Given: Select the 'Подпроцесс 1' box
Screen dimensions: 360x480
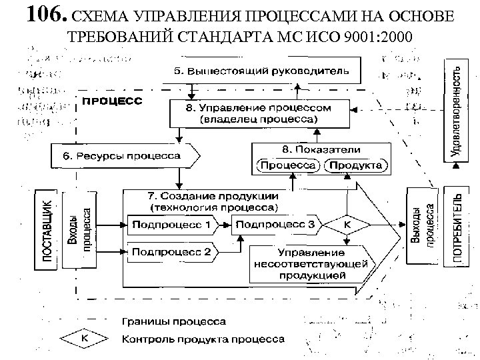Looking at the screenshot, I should (171, 225).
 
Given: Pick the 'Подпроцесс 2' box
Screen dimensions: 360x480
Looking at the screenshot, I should (171, 252).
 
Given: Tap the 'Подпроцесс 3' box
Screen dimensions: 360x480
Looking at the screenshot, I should (275, 225).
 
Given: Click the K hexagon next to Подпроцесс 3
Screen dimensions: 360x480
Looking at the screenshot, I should (347, 225).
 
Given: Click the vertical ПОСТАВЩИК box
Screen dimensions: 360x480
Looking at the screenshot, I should (45, 229).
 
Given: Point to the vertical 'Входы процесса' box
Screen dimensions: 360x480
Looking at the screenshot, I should (78, 227).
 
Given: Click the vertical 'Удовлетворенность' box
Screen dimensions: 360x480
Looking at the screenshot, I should (455, 109).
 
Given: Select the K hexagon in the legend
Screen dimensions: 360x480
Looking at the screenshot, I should (85, 339).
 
